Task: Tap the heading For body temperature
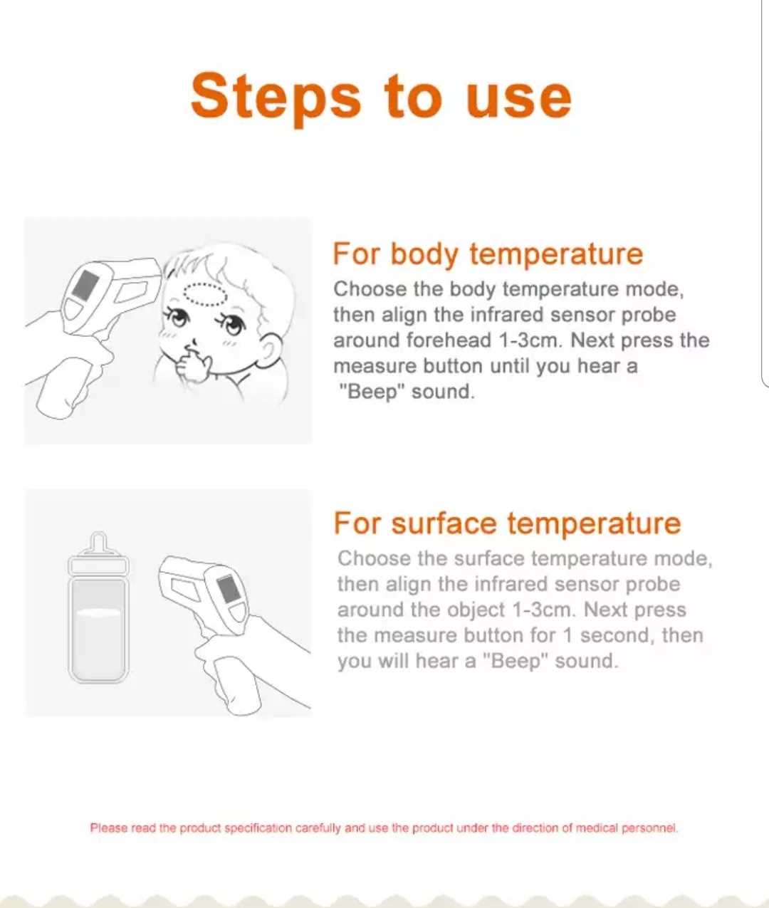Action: (x=488, y=254)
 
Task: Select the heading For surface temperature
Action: (x=507, y=523)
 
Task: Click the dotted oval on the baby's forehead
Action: (x=205, y=294)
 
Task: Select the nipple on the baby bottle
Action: (x=99, y=543)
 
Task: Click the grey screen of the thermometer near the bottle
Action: (x=228, y=589)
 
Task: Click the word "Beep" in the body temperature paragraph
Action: (x=372, y=392)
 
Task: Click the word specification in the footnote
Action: (x=258, y=828)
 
